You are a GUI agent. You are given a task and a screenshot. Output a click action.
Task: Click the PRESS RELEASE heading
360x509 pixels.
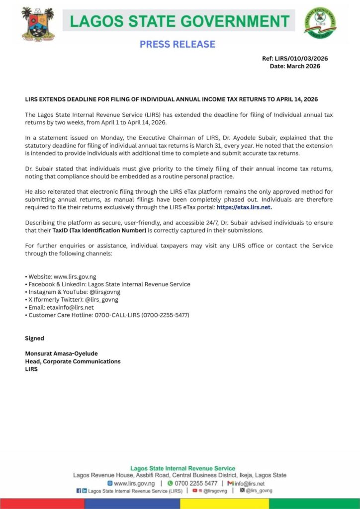click(x=177, y=44)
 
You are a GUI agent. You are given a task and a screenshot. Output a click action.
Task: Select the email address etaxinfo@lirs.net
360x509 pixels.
click(x=69, y=307)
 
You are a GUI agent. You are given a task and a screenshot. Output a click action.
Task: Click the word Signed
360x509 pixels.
click(x=34, y=339)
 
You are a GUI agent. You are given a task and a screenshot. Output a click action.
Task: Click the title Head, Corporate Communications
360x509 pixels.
click(x=73, y=361)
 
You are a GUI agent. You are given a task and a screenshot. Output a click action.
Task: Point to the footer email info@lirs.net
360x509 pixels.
click(x=249, y=483)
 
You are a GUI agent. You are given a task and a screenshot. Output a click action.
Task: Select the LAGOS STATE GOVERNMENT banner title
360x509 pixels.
click(x=180, y=21)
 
